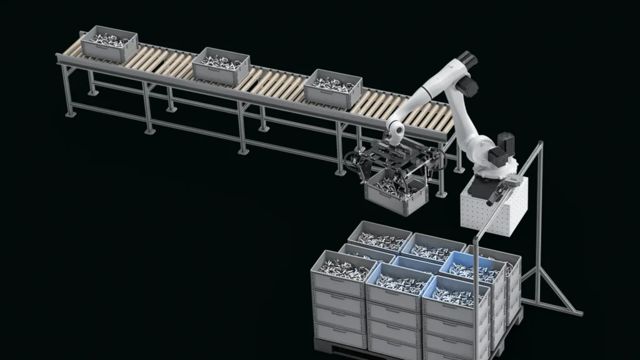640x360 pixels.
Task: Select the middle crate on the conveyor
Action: (x=221, y=67)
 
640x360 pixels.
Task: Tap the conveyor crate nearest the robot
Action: (x=333, y=87)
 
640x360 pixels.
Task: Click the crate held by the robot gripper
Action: (x=396, y=192)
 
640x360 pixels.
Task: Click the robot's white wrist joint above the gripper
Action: (x=394, y=129)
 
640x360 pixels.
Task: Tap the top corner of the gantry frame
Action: (x=539, y=145)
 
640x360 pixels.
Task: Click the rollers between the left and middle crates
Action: (x=164, y=61)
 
